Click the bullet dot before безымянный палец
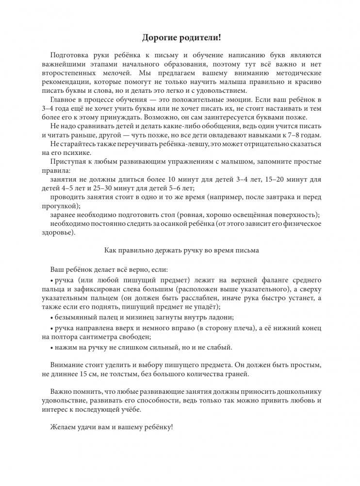(x=51, y=318)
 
